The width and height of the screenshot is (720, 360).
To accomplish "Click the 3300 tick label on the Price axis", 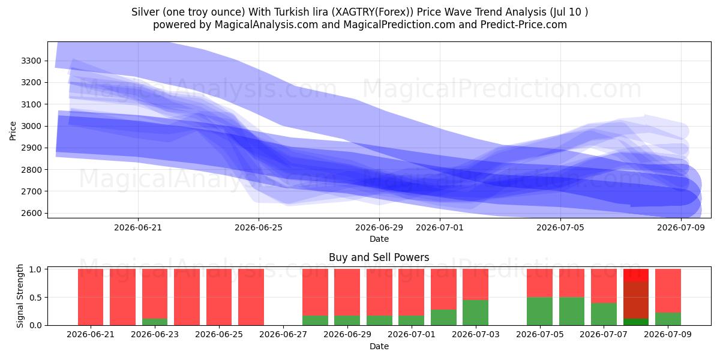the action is point(31,61).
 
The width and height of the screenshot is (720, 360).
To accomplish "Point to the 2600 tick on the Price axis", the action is point(31,213).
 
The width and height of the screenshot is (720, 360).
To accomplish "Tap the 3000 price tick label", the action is point(31,126).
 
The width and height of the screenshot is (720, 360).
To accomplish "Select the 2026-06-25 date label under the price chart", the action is point(259,227).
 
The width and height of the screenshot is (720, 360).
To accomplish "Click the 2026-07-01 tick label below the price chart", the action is point(440,227).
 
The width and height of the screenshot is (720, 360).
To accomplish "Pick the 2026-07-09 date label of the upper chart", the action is point(681,227).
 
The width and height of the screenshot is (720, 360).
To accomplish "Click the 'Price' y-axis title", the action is point(13,131).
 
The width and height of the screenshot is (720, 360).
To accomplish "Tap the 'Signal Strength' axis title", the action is point(20,296).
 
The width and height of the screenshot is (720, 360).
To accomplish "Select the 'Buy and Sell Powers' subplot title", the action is point(379,257).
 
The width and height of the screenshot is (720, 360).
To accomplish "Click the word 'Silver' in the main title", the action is point(145,12).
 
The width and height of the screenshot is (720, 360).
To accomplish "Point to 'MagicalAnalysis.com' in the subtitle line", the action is point(266,25).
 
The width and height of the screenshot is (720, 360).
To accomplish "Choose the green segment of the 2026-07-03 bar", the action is point(475,313).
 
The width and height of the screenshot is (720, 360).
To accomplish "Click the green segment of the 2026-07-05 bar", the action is point(539,311).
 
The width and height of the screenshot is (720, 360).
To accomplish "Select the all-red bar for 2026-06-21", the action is point(91,297).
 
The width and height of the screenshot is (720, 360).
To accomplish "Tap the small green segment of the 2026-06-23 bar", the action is point(155,322).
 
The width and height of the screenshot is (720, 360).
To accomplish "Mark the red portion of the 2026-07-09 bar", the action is point(668,291).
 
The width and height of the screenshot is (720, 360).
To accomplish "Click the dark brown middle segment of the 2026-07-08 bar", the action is point(636,300).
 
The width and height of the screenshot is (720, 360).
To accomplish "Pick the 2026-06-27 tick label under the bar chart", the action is point(283,334).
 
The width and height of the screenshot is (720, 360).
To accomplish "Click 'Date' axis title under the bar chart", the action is point(379,346).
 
